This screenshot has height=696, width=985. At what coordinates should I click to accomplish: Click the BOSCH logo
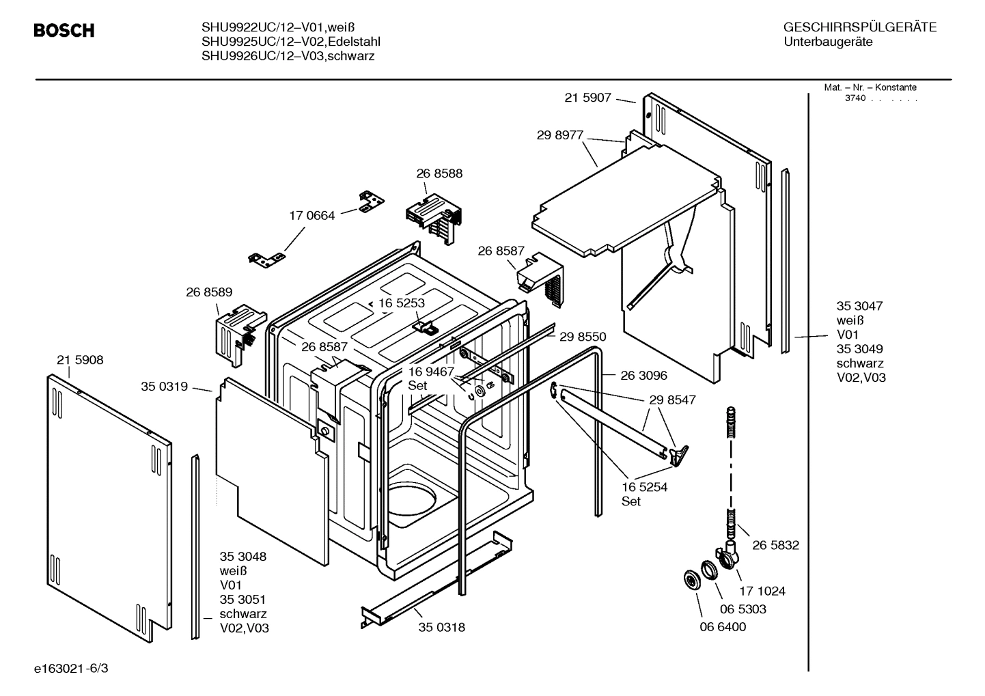[x=64, y=31]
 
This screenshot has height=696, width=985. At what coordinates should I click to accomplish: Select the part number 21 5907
[x=587, y=98]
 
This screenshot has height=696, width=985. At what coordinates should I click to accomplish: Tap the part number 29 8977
[x=559, y=135]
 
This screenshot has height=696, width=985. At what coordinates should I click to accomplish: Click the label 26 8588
[x=439, y=173]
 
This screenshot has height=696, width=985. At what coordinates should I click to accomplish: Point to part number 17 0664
[x=311, y=216]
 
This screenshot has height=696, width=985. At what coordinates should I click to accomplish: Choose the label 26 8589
[x=209, y=292]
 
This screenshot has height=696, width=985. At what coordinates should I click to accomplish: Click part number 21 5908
[x=80, y=360]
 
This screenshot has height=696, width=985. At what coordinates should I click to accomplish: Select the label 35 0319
[x=164, y=387]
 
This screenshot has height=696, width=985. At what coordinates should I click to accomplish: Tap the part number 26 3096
[x=643, y=375]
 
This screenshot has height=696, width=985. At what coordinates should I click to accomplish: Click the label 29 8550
[x=582, y=337]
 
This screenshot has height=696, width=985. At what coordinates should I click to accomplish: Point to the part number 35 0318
[x=441, y=627]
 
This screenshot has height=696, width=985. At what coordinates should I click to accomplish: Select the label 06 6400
[x=723, y=627]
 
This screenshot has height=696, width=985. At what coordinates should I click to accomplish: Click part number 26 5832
[x=775, y=545]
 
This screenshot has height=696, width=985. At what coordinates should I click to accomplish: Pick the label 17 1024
[x=762, y=591]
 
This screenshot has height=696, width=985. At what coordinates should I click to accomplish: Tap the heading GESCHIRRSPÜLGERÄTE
[x=859, y=27]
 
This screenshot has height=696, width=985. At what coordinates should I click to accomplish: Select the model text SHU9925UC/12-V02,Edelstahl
[x=290, y=42]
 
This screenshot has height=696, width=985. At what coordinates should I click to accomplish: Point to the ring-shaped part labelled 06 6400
[x=693, y=581]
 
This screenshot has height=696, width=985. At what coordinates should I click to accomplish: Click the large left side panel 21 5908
[x=109, y=505]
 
